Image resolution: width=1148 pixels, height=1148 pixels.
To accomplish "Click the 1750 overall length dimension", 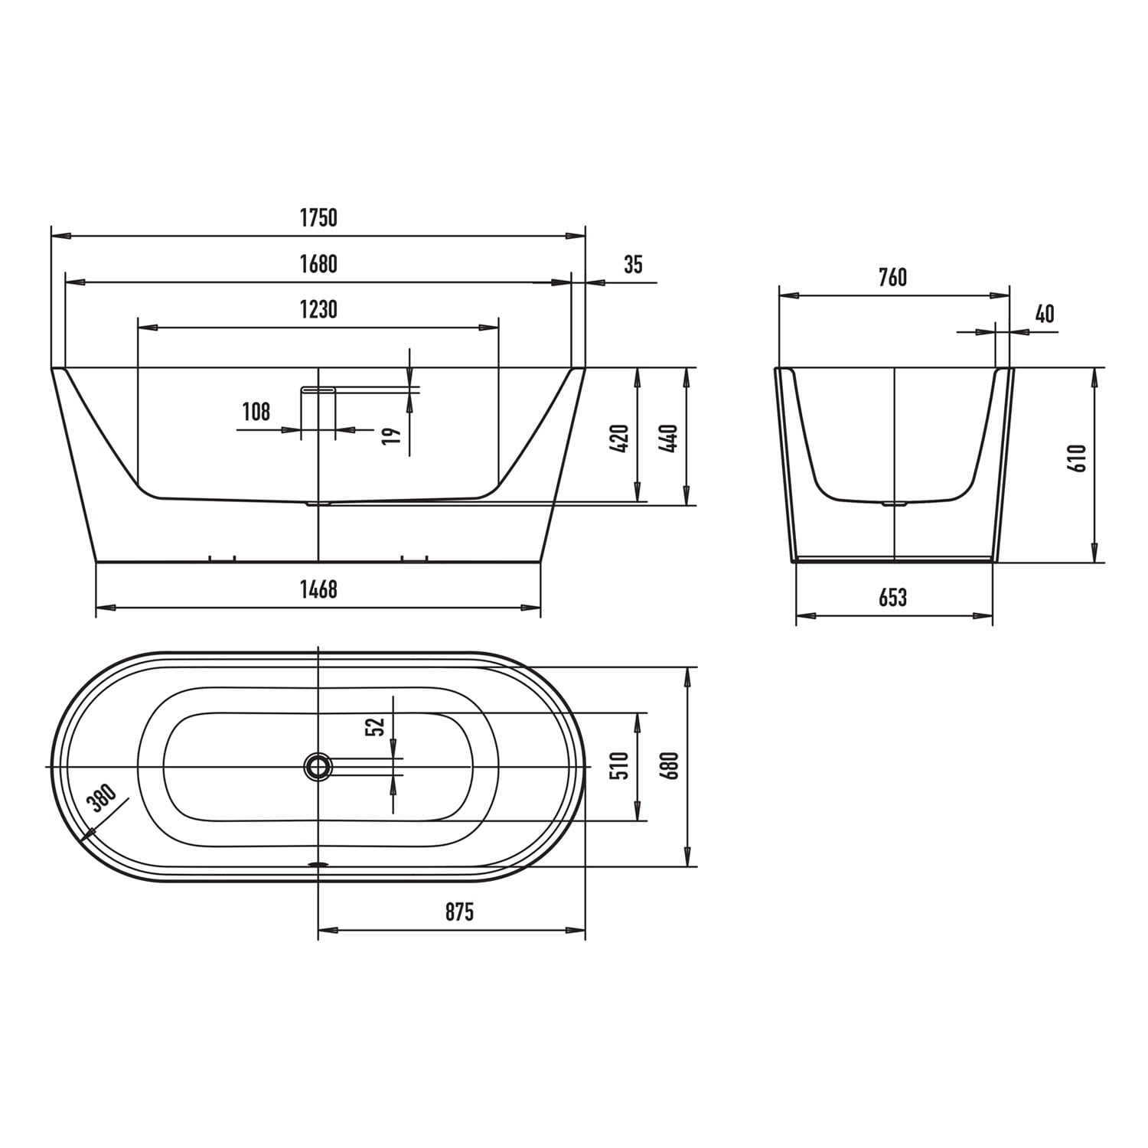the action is [318, 218].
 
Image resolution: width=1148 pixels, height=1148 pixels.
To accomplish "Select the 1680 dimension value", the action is [318, 264].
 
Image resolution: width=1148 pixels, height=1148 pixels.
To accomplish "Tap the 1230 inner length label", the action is [318, 310].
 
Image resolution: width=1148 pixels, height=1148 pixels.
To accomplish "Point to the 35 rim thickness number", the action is [634, 265].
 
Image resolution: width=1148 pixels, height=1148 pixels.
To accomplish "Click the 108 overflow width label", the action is [256, 412].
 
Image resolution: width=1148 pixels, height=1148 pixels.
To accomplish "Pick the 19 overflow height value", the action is [391, 436].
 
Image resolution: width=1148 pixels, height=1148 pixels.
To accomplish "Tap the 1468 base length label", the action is [318, 589].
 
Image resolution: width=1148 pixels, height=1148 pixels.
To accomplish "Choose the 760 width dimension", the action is [892, 276].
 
